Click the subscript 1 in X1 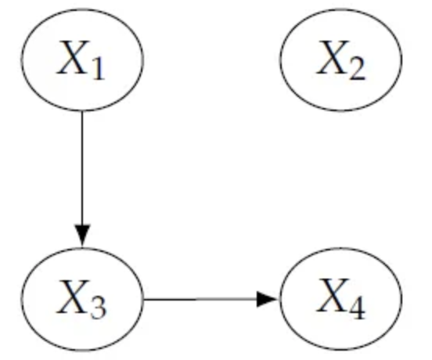click(99, 70)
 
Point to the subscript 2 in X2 click(358, 70)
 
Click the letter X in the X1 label click(74, 57)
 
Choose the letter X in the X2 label click(333, 57)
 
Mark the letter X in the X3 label click(74, 297)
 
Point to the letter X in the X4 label click(333, 296)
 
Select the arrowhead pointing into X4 click(267, 299)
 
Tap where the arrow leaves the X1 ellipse click(82, 111)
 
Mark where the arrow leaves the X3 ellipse click(143, 299)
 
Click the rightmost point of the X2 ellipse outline click(402, 59)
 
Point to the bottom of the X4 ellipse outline click(341, 351)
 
